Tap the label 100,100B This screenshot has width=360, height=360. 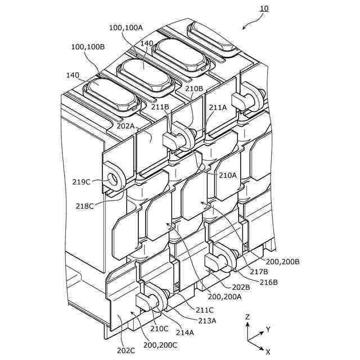click(x=87, y=47)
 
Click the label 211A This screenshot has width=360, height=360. click(x=218, y=107)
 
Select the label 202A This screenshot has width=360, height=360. click(x=125, y=127)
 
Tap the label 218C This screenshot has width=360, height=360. click(x=85, y=206)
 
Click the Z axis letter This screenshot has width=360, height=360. click(x=247, y=317)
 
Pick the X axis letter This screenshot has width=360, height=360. click(x=268, y=351)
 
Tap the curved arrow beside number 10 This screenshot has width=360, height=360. click(x=252, y=21)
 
